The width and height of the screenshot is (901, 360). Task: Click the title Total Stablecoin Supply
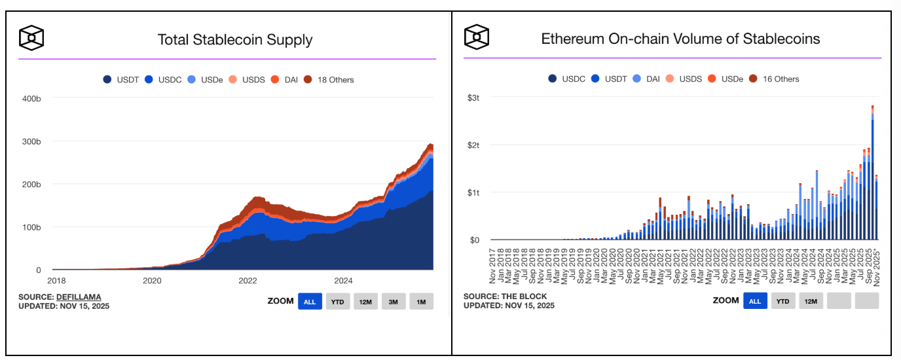234,39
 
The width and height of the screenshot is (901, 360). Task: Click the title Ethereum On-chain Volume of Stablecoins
680,39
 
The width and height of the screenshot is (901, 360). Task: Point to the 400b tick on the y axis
32,98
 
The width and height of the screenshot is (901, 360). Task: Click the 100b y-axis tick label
32,227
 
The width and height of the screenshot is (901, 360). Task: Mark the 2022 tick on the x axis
248,281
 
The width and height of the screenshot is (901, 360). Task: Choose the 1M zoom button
421,302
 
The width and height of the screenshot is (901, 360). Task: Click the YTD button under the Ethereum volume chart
782,301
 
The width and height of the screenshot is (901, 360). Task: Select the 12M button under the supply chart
365,302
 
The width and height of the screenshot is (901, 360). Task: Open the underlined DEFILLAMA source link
79,297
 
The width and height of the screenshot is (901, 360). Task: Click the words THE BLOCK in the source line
526,297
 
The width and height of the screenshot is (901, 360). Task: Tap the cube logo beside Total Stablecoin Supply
31,39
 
